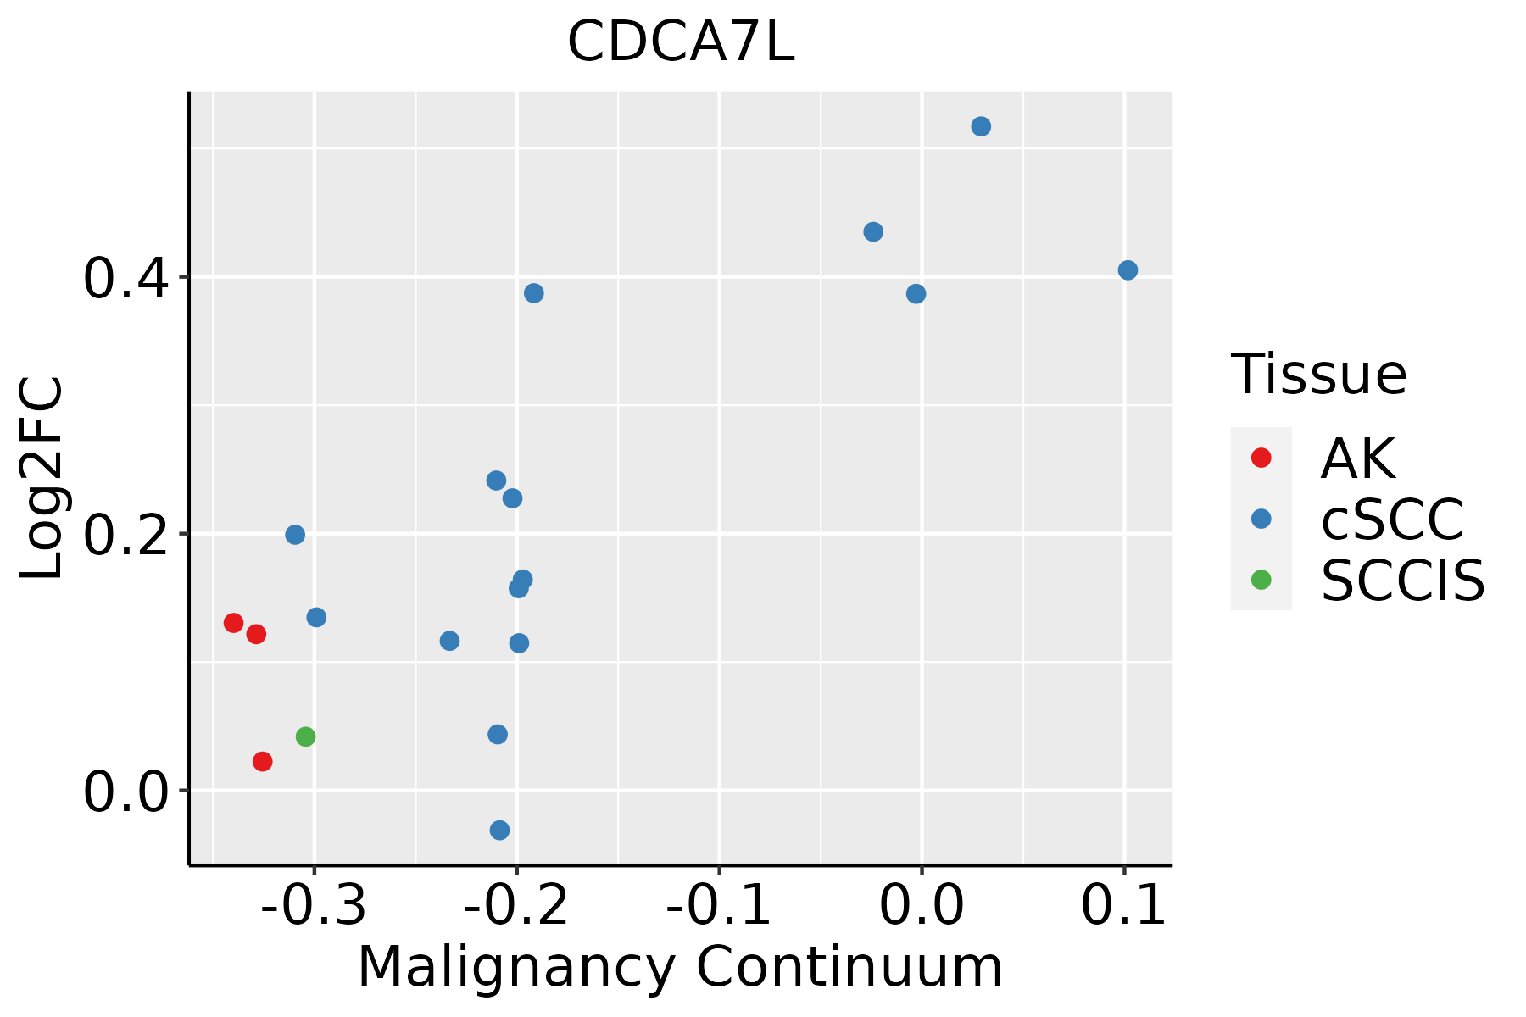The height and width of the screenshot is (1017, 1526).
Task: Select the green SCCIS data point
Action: pyautogui.click(x=306, y=736)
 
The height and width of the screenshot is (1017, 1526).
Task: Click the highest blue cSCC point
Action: pyautogui.click(x=981, y=127)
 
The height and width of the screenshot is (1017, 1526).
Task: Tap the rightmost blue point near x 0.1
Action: pyautogui.click(x=1128, y=270)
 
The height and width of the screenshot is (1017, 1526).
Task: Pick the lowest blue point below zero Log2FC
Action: pyautogui.click(x=500, y=830)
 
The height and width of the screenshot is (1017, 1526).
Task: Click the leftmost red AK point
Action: pyautogui.click(x=234, y=623)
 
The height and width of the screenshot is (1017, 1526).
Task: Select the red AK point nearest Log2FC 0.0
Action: pyautogui.click(x=263, y=762)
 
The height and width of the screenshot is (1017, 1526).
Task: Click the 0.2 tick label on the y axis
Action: pyautogui.click(x=125, y=535)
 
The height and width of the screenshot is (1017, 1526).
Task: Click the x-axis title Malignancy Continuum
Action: pyautogui.click(x=681, y=968)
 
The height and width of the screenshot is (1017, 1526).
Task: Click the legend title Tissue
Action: pyautogui.click(x=1318, y=374)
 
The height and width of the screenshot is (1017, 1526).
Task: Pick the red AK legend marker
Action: pyautogui.click(x=1261, y=458)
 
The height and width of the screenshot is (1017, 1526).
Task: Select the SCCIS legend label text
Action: pyautogui.click(x=1403, y=581)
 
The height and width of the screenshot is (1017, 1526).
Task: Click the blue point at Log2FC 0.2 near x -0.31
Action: pyautogui.click(x=295, y=535)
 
